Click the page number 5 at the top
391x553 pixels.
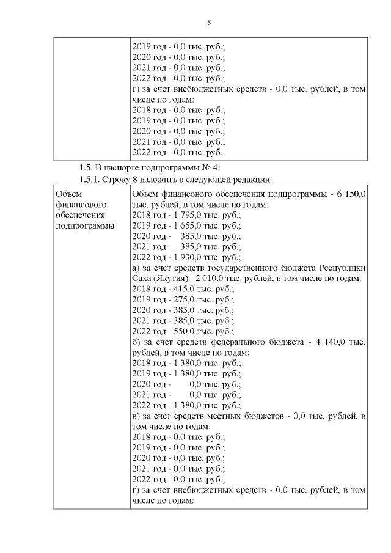coord(209,23)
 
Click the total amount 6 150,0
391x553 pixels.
coord(351,194)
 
